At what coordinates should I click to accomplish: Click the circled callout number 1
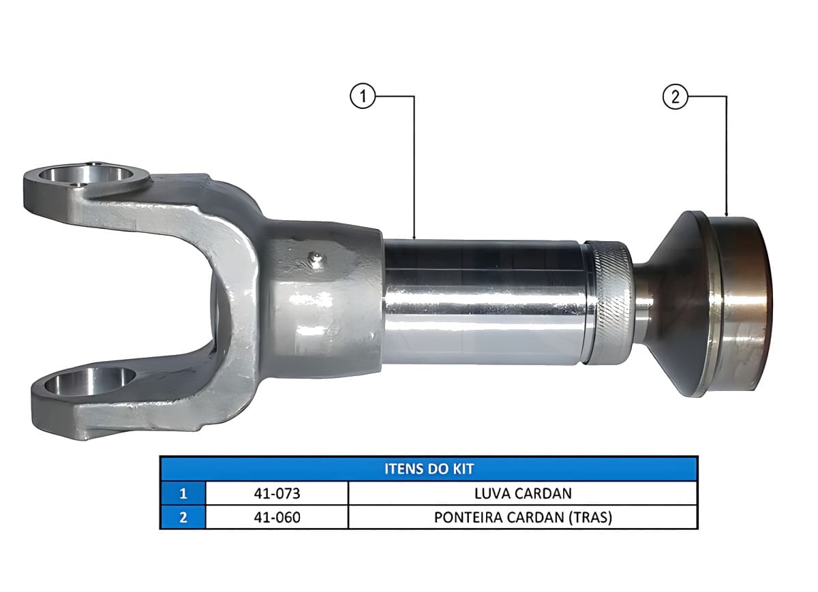[362, 96]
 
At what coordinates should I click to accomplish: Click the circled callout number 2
[675, 96]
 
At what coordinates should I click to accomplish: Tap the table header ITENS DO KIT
[429, 469]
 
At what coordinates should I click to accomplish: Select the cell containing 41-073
[277, 493]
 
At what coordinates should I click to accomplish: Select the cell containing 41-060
[277, 517]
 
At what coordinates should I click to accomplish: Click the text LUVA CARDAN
[523, 493]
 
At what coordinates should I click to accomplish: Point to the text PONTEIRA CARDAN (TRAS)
[523, 517]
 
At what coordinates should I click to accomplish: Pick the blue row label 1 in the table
[183, 493]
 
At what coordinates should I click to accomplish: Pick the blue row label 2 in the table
[183, 517]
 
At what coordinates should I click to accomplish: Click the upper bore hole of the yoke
[86, 175]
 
